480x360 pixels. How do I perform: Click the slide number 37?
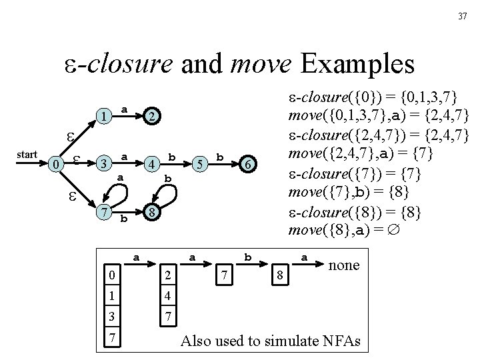463,17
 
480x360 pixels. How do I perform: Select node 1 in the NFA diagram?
104,116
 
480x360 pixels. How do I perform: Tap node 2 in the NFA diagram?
152,117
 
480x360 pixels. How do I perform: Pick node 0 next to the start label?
59,164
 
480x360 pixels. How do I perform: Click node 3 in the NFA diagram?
103,164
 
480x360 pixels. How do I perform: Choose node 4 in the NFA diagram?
152,164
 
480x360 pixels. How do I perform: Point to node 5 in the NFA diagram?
199,164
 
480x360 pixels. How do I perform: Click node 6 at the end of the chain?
247,164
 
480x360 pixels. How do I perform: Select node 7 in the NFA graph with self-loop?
103,212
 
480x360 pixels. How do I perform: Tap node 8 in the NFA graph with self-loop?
152,212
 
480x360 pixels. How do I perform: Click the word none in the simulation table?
344,265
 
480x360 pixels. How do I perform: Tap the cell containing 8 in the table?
281,274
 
